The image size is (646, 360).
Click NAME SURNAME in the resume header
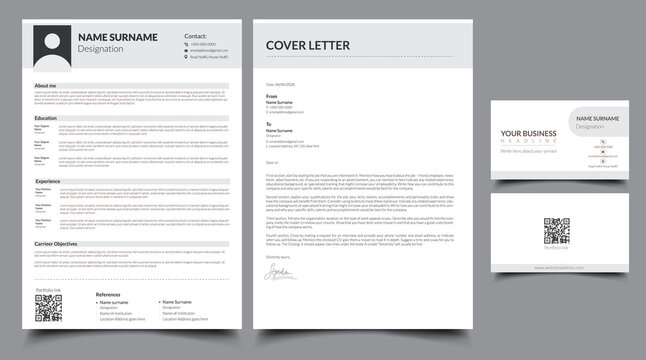117,37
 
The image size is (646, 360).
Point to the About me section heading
46,86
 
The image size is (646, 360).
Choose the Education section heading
46,118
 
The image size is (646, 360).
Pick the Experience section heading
48,181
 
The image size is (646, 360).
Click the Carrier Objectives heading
56,244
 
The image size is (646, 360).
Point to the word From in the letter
271,97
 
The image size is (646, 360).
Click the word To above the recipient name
269,125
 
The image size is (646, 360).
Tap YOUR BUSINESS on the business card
527,134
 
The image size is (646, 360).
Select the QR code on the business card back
556,227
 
